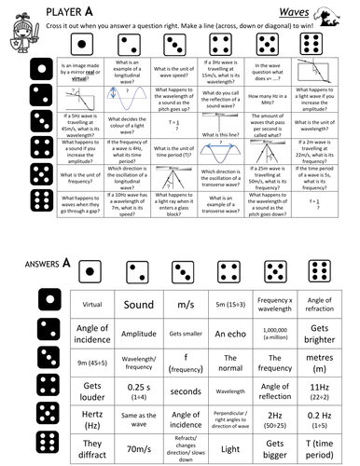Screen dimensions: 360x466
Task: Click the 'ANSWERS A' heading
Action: (46, 263)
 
